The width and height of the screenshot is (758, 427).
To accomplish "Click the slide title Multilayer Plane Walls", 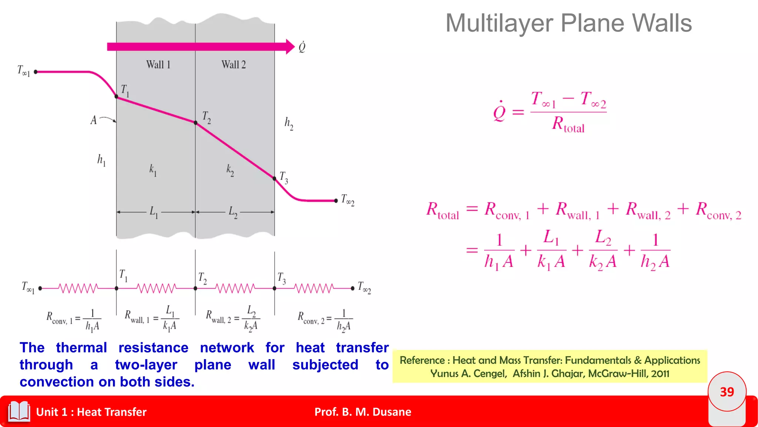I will [x=568, y=23].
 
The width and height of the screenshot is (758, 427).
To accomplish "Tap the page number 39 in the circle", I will [x=727, y=392].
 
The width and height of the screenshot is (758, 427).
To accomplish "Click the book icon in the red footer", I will [x=19, y=411].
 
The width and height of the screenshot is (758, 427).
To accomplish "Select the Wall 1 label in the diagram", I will [x=158, y=65].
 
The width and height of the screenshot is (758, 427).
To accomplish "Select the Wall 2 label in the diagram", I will [x=234, y=65].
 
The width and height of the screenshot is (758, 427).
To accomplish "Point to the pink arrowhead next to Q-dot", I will [x=290, y=47].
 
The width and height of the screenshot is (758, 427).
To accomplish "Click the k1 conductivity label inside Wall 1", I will [x=153, y=170].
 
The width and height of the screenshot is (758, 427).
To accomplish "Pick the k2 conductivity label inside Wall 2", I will [x=230, y=170].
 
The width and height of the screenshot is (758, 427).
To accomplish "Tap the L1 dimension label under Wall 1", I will [x=154, y=212].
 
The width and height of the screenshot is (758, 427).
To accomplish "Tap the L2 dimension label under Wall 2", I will [x=233, y=212].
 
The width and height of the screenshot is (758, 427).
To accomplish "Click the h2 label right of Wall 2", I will [x=289, y=123].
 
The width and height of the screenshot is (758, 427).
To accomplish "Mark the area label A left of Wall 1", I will [x=94, y=120].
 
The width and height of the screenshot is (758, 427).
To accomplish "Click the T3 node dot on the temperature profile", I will [x=274, y=179].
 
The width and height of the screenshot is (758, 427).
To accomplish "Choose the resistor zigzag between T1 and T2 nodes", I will [x=156, y=288].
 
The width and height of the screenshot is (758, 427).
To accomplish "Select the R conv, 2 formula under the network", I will [x=325, y=319].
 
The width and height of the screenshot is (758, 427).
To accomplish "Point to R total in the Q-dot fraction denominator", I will [x=568, y=124].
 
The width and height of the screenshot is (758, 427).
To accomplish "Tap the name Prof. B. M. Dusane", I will [x=363, y=412].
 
